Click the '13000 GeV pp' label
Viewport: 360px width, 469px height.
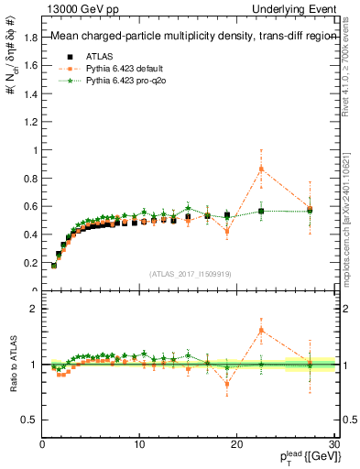[x=80, y=9]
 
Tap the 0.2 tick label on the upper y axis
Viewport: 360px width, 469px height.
[x=29, y=263]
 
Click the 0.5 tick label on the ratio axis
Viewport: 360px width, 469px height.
[x=29, y=420]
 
